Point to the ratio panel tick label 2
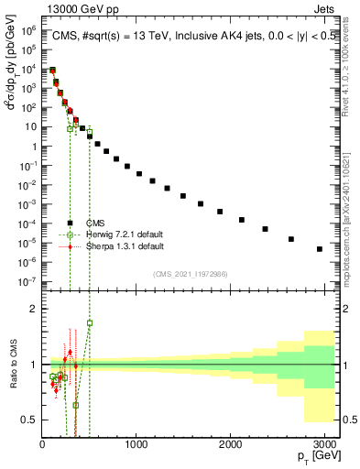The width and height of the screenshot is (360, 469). (x=32, y=309)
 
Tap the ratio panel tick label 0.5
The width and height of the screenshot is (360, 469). (x=28, y=420)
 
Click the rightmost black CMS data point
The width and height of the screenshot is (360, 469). (x=319, y=249)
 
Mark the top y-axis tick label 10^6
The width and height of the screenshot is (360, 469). (x=27, y=30)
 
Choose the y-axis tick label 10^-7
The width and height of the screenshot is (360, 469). (x=27, y=282)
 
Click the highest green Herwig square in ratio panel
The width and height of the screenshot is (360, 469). (x=90, y=322)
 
